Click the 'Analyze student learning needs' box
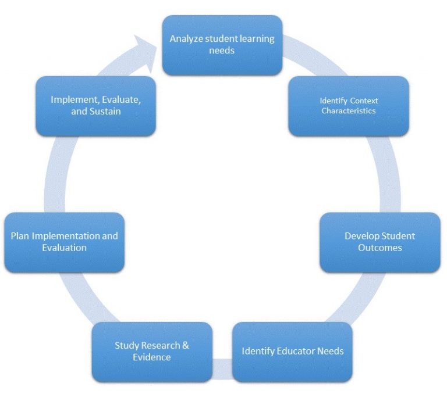(x=222, y=45)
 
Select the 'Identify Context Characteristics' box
(x=349, y=106)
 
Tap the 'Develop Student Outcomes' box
(x=379, y=242)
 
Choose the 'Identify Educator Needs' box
(x=292, y=352)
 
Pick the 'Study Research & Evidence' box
(x=152, y=352)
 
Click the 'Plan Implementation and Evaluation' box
(x=65, y=242)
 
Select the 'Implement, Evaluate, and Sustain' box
(x=96, y=106)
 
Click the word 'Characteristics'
(x=349, y=111)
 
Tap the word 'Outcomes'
(x=379, y=248)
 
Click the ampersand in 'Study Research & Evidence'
(x=185, y=345)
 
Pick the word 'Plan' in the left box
(x=20, y=236)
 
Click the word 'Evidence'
(x=152, y=357)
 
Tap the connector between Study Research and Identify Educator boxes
(x=222, y=369)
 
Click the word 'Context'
(x=364, y=101)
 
